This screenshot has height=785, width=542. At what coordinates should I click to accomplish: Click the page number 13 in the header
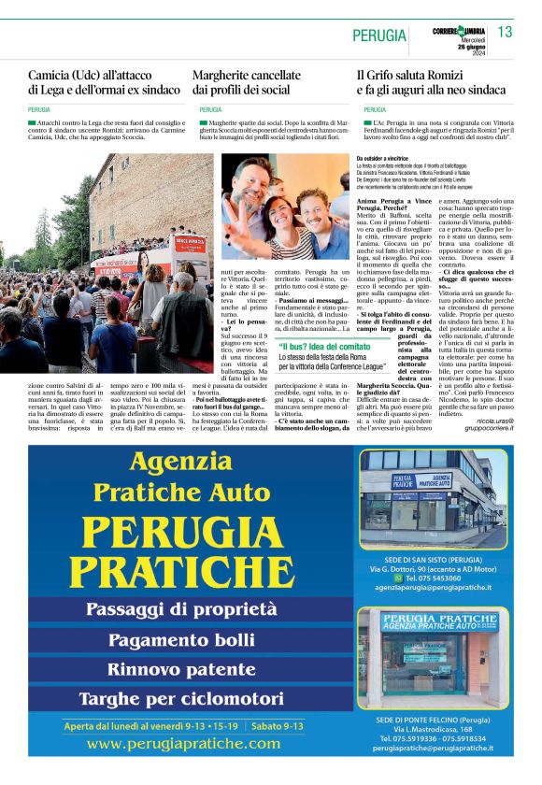point(505,33)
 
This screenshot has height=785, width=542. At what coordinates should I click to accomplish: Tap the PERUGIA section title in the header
point(379,36)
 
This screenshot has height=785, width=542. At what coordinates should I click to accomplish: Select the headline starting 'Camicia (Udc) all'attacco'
point(104,81)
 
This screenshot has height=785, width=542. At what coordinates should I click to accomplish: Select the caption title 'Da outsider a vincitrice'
point(384,159)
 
